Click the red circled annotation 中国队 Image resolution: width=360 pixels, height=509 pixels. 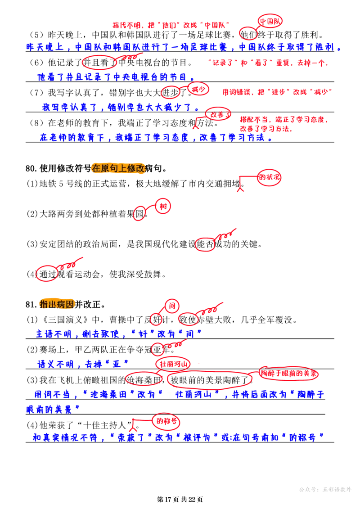270,22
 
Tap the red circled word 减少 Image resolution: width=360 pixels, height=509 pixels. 198,89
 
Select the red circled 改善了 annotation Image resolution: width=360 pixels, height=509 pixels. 218,115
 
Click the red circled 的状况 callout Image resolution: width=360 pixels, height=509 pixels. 269,177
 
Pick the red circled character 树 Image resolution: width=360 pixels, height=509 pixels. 163,206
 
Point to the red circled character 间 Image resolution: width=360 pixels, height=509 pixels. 172,306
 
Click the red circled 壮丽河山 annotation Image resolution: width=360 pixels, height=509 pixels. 173,364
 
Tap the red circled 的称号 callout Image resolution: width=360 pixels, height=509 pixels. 166,421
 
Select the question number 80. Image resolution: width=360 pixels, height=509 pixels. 31,168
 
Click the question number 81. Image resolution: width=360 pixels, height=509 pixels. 31,305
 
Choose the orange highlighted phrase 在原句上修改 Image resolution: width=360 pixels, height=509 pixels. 118,168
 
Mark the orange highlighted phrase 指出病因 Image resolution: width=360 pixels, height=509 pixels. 57,305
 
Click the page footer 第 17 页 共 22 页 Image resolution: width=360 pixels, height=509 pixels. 180,499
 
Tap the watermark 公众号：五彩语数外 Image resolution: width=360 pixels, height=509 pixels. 325,489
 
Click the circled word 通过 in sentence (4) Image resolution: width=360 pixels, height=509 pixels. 48,274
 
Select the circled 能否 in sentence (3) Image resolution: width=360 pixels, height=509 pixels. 206,244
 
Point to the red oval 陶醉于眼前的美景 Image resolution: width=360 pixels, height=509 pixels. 289,374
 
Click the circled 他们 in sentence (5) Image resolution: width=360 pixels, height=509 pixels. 248,35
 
